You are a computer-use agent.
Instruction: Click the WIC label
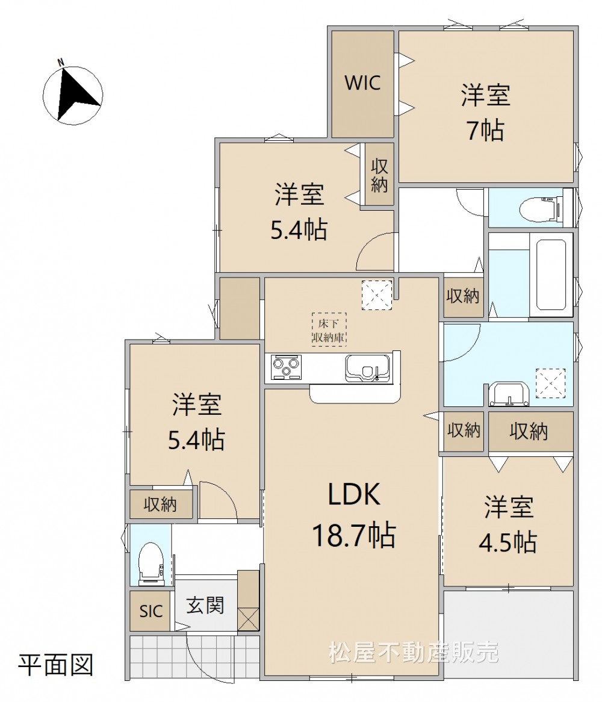pyautogui.click(x=362, y=83)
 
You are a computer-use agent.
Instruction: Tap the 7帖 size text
pyautogui.click(x=486, y=130)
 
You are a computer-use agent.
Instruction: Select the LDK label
pyautogui.click(x=354, y=494)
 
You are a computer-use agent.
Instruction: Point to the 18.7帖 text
pyautogui.click(x=353, y=535)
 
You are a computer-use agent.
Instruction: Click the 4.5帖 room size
pyautogui.click(x=508, y=542)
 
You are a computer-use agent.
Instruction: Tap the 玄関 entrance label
pyautogui.click(x=205, y=606)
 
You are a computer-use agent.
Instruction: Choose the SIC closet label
pyautogui.click(x=151, y=611)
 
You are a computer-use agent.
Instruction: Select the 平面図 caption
pyautogui.click(x=55, y=665)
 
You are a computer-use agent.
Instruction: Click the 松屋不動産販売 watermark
pyautogui.click(x=414, y=652)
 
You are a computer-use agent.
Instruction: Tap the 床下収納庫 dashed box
pyautogui.click(x=329, y=330)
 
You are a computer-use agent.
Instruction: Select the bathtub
pyautogui.click(x=552, y=275)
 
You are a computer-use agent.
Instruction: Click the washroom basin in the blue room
pyautogui.click(x=510, y=394)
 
